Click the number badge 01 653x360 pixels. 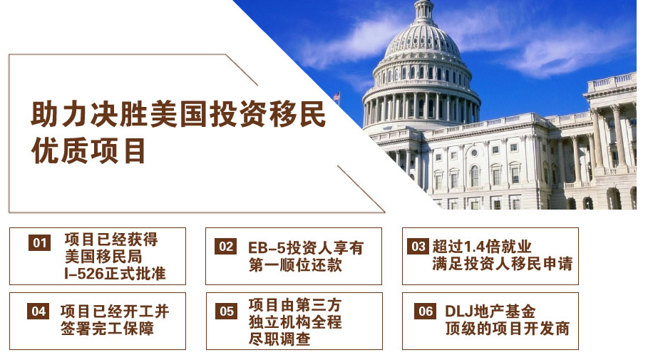pyautogui.click(x=40, y=243)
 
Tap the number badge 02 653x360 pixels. pyautogui.click(x=226, y=247)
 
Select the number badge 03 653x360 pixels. pyautogui.click(x=418, y=247)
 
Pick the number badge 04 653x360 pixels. pyautogui.click(x=38, y=312)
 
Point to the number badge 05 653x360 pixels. pyautogui.click(x=227, y=312)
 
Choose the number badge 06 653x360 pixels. pyautogui.click(x=425, y=312)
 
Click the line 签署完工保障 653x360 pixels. pyautogui.click(x=108, y=329)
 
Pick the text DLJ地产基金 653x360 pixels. pyautogui.click(x=490, y=312)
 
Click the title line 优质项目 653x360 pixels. pyautogui.click(x=89, y=151)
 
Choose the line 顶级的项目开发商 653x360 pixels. pyautogui.click(x=508, y=329)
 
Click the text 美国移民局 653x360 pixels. pyautogui.click(x=103, y=256)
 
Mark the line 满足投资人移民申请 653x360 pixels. pyautogui.click(x=502, y=264)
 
